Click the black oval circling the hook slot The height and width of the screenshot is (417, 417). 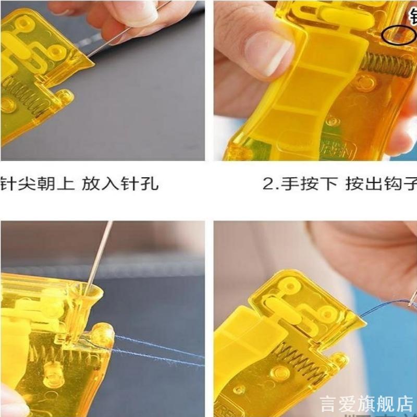pyautogui.click(x=398, y=35)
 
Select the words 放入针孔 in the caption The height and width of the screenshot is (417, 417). pyautogui.click(x=120, y=184)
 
